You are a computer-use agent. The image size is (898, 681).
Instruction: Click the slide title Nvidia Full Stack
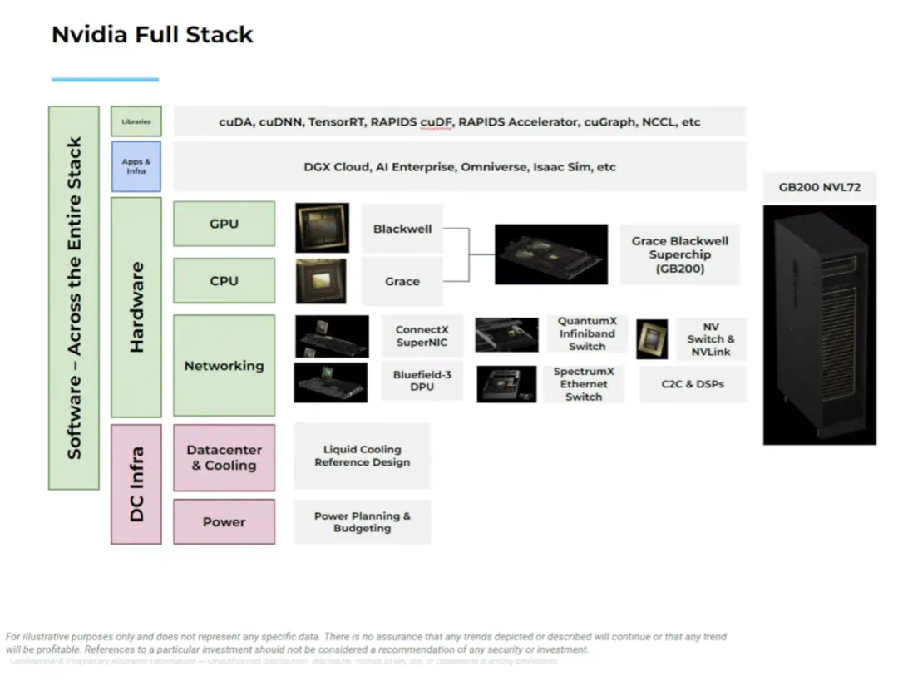click(x=152, y=34)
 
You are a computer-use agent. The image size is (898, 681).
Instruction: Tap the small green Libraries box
click(x=136, y=121)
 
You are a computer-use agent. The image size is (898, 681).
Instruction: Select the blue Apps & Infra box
click(x=136, y=166)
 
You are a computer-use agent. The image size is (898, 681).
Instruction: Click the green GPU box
click(x=224, y=224)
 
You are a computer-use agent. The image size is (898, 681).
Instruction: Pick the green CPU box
click(x=224, y=280)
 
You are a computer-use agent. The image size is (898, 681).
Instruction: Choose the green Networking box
click(x=224, y=365)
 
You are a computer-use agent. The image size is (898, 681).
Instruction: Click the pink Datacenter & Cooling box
click(x=224, y=457)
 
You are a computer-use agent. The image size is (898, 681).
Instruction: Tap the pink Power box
click(x=224, y=521)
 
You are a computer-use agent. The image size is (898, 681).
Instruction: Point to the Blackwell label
click(x=402, y=229)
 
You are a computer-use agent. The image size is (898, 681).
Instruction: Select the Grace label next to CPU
click(x=402, y=281)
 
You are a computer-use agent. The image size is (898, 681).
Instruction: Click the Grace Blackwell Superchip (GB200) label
click(x=679, y=254)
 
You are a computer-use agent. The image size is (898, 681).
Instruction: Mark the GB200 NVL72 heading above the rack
click(x=819, y=187)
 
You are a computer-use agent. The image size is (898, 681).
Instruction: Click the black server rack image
click(x=819, y=324)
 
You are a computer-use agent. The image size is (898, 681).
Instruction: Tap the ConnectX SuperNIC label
click(x=422, y=336)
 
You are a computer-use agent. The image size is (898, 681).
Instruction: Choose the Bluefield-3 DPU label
click(x=422, y=381)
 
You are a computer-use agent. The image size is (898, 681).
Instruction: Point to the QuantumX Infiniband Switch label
click(x=587, y=333)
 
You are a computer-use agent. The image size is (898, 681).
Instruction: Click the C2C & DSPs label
click(x=693, y=384)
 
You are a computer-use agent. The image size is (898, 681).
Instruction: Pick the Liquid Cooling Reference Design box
click(x=362, y=456)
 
